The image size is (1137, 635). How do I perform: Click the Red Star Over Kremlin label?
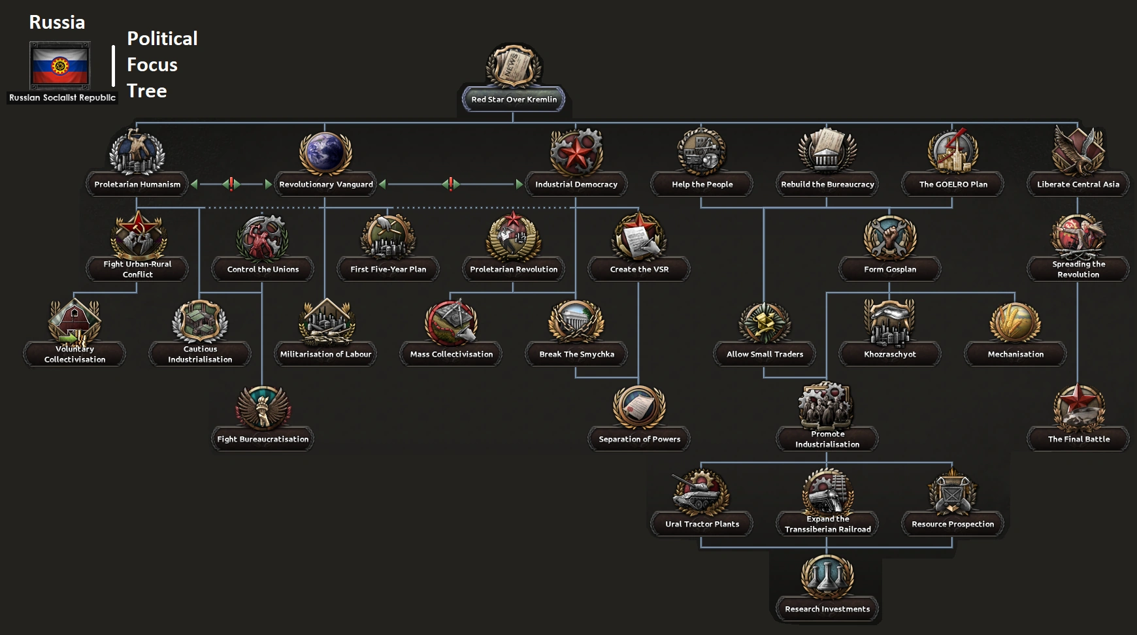(x=514, y=99)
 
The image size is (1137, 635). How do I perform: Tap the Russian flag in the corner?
(x=60, y=65)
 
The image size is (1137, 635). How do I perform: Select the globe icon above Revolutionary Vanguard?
(x=325, y=152)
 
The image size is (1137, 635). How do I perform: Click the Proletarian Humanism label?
(x=137, y=184)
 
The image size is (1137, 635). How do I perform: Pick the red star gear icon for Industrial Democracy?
(x=576, y=152)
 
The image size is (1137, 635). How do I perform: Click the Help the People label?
(x=702, y=184)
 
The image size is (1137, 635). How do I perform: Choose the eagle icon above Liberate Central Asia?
(x=1078, y=151)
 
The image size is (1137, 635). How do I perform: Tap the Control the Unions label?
(x=263, y=269)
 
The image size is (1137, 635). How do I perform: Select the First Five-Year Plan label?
(x=388, y=269)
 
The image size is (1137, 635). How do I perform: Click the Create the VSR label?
(x=639, y=269)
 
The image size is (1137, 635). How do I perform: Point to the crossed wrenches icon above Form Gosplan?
(x=889, y=237)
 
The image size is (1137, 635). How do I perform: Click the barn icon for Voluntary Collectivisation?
(x=74, y=321)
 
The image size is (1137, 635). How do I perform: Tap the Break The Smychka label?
(x=576, y=354)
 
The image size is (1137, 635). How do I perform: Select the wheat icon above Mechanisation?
(x=1015, y=322)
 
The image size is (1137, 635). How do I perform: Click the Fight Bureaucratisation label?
(x=263, y=439)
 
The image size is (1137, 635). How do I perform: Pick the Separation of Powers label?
(x=639, y=439)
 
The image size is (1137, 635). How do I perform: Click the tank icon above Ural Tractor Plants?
(x=701, y=492)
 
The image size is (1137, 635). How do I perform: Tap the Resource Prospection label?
(x=953, y=524)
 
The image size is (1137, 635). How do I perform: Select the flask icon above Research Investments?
(x=827, y=577)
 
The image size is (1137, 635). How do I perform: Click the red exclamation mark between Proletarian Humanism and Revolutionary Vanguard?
(x=231, y=184)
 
